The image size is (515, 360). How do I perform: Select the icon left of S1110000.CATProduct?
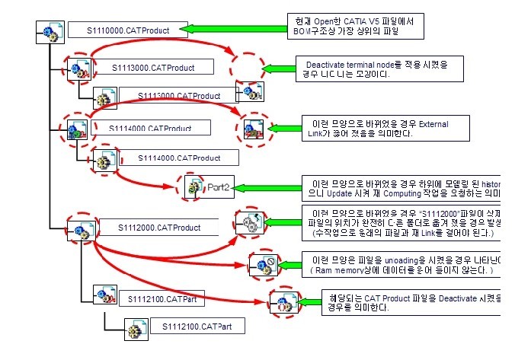(50, 32)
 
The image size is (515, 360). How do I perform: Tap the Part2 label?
(218, 185)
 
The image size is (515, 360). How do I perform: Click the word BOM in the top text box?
(302, 31)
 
